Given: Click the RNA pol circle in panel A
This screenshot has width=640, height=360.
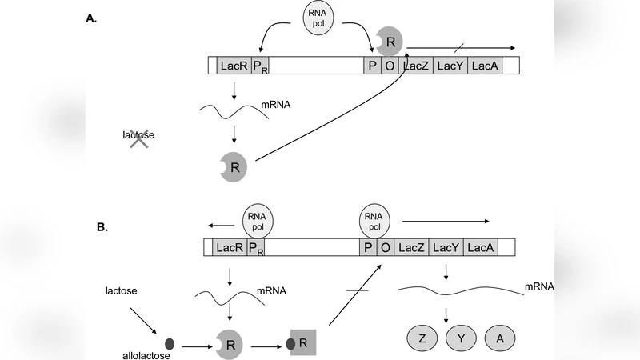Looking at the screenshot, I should (318, 18).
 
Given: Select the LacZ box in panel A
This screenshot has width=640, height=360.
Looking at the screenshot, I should (416, 66).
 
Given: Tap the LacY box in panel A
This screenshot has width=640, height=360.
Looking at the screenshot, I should (450, 66).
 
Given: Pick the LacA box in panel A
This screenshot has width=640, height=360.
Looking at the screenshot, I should (485, 66).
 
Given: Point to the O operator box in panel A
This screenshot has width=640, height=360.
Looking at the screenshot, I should (390, 66).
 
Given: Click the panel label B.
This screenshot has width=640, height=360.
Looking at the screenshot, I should (102, 227).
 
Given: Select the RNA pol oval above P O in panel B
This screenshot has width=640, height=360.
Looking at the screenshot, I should (374, 218).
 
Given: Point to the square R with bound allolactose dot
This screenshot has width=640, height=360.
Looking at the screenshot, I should (300, 345).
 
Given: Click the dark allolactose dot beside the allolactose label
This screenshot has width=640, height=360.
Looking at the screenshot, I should (169, 345).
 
